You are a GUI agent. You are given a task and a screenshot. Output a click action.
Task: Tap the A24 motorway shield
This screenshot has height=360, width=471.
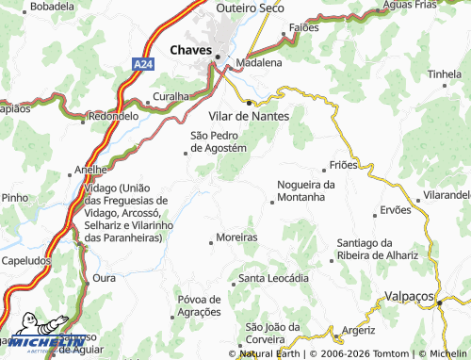point(140,63)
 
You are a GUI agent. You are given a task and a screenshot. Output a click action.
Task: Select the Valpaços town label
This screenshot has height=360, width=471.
point(411,295)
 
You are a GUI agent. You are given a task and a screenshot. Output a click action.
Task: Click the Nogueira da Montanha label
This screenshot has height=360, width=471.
point(305,190)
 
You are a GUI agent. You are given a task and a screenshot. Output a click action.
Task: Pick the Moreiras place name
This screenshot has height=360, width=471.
point(235,237)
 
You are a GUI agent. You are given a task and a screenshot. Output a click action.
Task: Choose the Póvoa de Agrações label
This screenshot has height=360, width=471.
point(199,305)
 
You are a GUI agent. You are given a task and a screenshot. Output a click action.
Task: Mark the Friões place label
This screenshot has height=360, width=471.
point(346,164)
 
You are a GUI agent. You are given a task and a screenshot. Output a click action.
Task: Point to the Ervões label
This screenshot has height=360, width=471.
point(395,209)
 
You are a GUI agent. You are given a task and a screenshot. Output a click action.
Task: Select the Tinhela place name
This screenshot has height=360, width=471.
point(445,74)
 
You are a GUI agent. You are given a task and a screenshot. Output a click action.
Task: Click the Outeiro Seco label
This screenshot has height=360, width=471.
point(250,8)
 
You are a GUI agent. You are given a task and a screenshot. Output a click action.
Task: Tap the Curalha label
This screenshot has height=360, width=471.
point(171,96)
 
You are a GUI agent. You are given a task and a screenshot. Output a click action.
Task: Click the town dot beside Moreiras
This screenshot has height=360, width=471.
point(210,242)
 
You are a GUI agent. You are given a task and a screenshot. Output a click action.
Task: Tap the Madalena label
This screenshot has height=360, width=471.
point(259,62)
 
